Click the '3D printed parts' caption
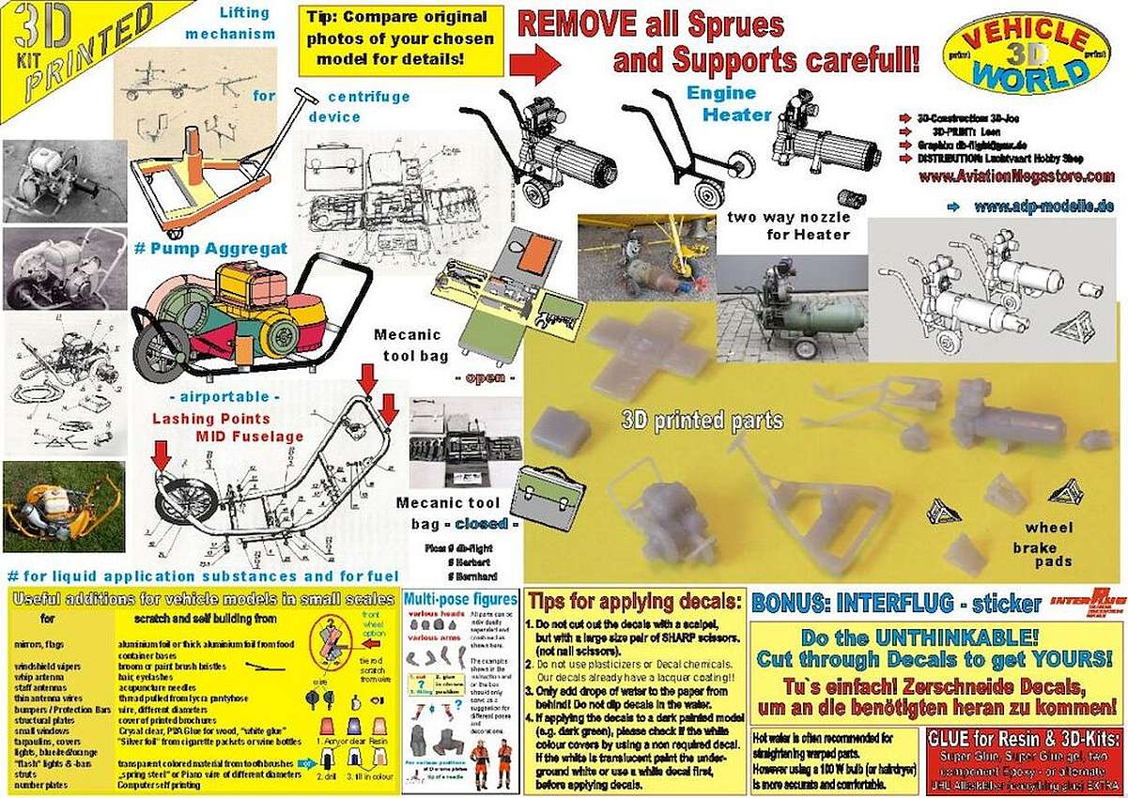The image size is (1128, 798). pyautogui.click(x=702, y=421)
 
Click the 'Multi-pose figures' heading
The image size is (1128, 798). pyautogui.click(x=460, y=599)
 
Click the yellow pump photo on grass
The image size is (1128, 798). pyautogui.click(x=62, y=506)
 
